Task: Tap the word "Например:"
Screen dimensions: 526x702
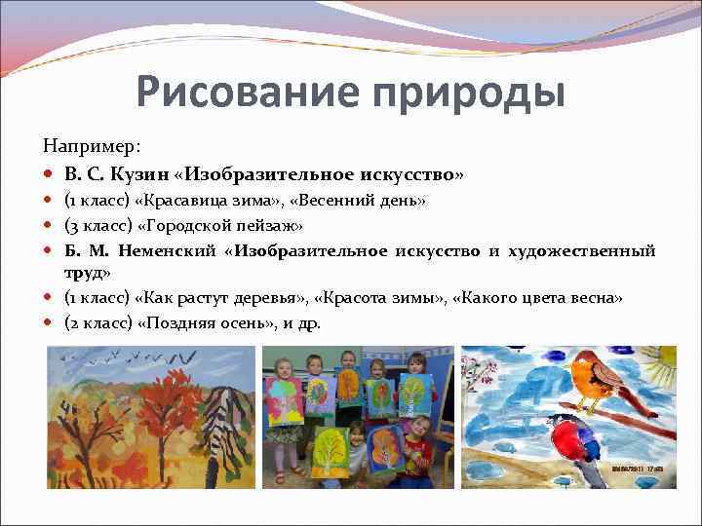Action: point(92,146)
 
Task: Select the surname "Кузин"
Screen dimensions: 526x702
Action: point(136,175)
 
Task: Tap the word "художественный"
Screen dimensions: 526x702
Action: point(580,251)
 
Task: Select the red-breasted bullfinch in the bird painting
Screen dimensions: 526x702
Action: point(565,448)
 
